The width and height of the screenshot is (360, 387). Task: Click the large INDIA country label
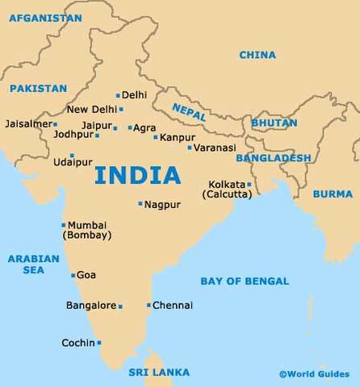(x=137, y=175)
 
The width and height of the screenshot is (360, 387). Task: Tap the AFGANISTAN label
(x=45, y=17)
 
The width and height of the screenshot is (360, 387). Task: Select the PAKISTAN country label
(x=38, y=88)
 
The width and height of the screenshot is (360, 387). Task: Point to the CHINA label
(x=257, y=55)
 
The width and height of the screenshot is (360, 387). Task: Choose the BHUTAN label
(x=274, y=123)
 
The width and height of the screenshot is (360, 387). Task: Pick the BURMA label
(x=333, y=193)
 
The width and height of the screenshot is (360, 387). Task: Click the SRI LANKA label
(x=159, y=372)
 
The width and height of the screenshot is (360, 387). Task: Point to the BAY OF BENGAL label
(x=244, y=281)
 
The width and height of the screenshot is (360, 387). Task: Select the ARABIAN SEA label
(x=34, y=264)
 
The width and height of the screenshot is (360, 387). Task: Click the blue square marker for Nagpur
(x=140, y=204)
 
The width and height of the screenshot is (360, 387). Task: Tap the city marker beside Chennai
(x=149, y=305)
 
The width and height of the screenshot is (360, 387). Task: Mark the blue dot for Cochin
(x=99, y=343)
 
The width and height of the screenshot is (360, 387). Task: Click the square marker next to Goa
(x=73, y=275)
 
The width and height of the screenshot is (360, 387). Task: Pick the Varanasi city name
(x=215, y=148)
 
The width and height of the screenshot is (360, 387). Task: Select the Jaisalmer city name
(x=27, y=124)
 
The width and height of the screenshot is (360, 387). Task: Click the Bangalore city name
(x=91, y=306)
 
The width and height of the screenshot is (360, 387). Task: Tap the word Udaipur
(x=73, y=162)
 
